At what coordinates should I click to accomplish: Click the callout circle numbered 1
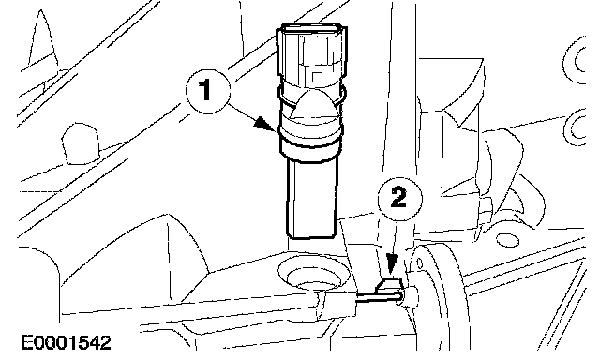[208, 91]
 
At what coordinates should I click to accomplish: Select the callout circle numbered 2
[400, 199]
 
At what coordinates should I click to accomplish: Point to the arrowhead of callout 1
[265, 125]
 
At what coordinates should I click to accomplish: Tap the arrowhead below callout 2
[391, 265]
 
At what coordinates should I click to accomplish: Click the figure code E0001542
[67, 342]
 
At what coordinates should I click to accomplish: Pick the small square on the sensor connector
[317, 77]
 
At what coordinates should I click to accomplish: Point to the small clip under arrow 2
[390, 285]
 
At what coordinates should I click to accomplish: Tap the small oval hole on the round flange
[419, 264]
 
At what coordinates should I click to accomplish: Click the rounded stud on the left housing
[81, 143]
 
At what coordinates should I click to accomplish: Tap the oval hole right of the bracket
[508, 240]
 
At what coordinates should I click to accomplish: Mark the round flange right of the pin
[440, 294]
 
